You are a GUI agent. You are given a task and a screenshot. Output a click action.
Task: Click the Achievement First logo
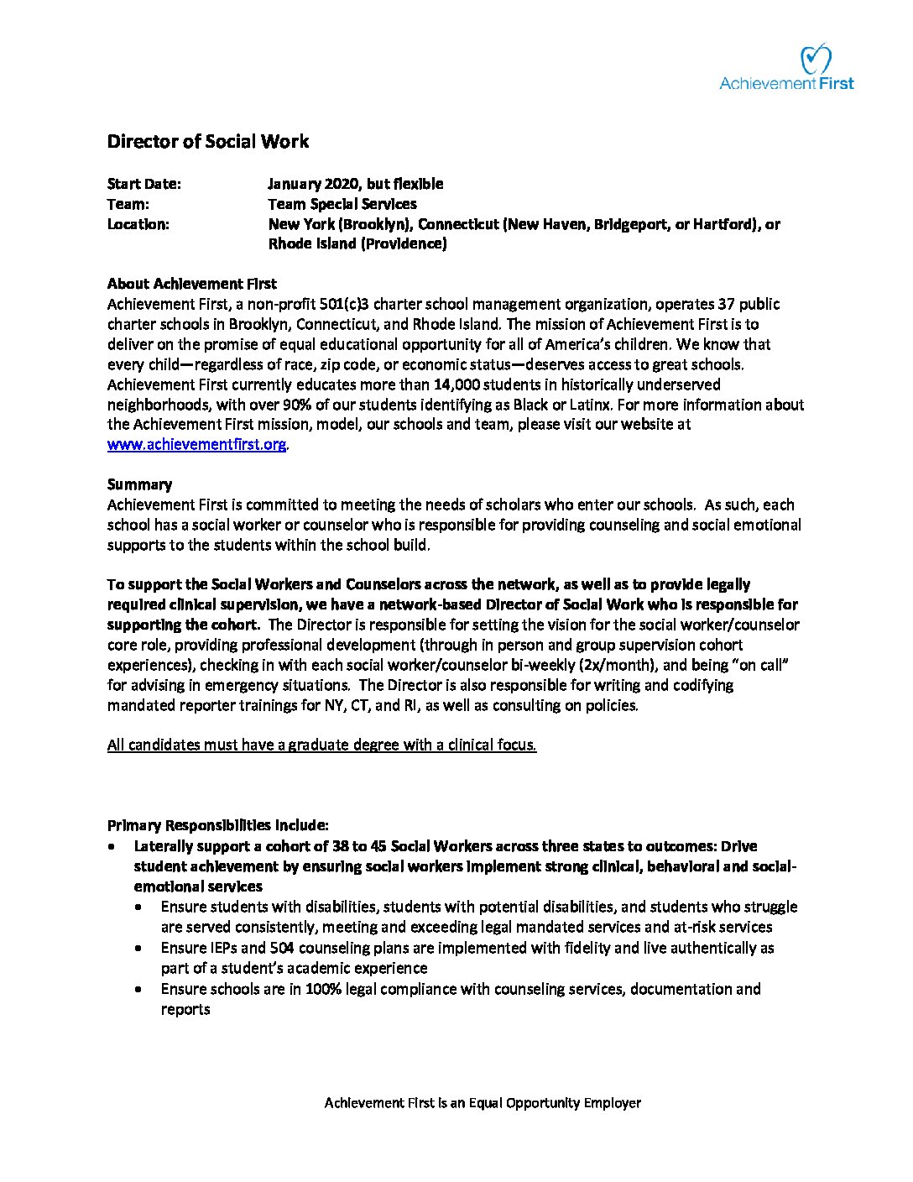click(787, 68)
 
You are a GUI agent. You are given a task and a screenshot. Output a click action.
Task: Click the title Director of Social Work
click(207, 141)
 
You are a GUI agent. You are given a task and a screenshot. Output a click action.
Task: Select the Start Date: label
click(143, 184)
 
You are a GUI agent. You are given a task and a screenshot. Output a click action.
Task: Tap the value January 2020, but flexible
click(355, 184)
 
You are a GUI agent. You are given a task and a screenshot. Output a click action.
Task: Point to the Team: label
click(128, 204)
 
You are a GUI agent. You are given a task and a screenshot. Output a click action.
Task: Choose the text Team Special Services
click(342, 204)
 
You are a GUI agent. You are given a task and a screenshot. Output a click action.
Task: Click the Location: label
click(138, 224)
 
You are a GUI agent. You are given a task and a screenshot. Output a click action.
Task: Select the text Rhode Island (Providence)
click(357, 244)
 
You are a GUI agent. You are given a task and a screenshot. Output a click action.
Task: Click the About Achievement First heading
click(191, 284)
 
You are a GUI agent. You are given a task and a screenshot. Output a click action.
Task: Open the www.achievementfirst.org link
click(196, 445)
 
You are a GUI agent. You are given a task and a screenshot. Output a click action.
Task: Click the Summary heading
click(139, 484)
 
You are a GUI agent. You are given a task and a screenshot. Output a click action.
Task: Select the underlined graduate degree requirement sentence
click(321, 745)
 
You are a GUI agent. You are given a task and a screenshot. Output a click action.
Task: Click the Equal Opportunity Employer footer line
click(483, 1103)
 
